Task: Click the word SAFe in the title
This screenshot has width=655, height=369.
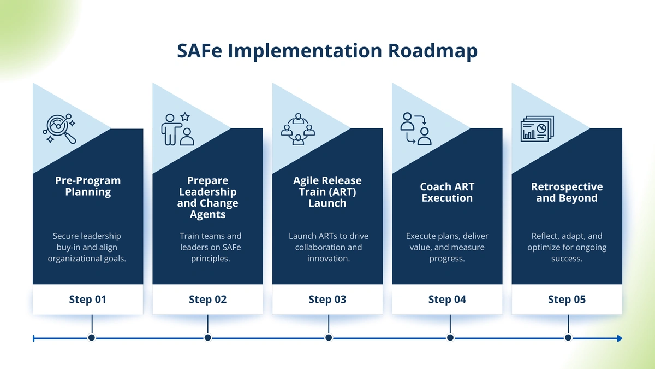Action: click(x=199, y=51)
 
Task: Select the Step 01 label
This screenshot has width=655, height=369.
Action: click(x=88, y=300)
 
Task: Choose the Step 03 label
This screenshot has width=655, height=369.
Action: click(x=327, y=300)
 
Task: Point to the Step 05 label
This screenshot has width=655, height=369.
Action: click(x=567, y=300)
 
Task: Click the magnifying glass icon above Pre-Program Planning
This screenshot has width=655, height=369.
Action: click(x=59, y=128)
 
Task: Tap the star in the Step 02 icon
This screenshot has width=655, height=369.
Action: click(x=185, y=117)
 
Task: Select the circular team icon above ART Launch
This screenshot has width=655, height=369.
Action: click(x=298, y=129)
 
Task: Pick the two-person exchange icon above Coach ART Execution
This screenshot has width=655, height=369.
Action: click(x=416, y=129)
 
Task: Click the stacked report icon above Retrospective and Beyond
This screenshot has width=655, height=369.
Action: click(x=538, y=129)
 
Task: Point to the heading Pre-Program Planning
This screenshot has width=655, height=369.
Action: click(x=88, y=186)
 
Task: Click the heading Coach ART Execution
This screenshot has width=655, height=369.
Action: click(x=447, y=192)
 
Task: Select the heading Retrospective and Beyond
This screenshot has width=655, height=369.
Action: click(x=567, y=192)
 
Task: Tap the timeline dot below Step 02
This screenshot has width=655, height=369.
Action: click(x=207, y=338)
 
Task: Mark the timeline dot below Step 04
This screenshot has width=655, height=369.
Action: click(x=450, y=338)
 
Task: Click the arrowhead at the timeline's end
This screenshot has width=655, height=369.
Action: click(x=620, y=338)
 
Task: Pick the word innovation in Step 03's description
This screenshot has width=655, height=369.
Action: click(x=329, y=259)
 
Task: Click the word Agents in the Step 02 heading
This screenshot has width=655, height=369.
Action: click(x=207, y=215)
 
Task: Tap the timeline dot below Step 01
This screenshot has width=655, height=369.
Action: click(x=92, y=338)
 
